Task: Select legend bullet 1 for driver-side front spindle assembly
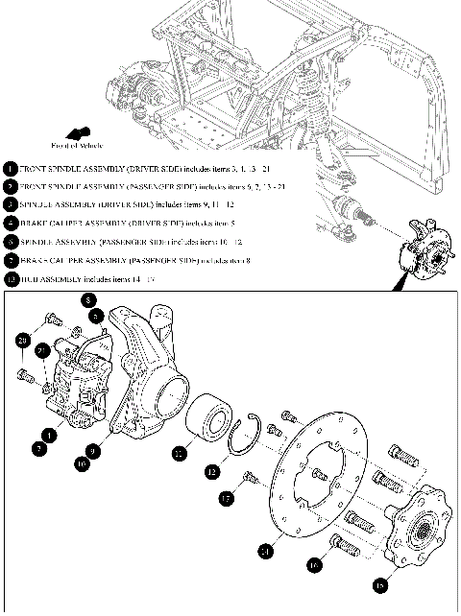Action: (x=10, y=167)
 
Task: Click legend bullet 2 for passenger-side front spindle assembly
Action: (x=10, y=186)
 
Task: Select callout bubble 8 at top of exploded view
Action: (x=87, y=298)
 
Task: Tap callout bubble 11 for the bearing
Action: (x=179, y=454)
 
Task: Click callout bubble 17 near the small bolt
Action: (x=225, y=499)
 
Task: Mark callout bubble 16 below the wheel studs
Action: (x=313, y=566)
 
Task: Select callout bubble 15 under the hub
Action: (x=380, y=582)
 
